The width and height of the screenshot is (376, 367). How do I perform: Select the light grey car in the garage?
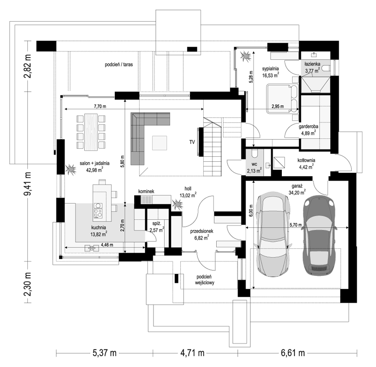(273, 234)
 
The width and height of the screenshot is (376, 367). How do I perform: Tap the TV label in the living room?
(192, 142)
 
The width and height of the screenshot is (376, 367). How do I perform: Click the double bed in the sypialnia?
(283, 98)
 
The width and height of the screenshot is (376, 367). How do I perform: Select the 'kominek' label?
(146, 191)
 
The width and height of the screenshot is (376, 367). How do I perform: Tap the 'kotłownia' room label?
(306, 160)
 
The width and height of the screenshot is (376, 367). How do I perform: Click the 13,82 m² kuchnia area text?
(99, 234)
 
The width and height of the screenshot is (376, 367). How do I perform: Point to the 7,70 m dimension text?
(100, 106)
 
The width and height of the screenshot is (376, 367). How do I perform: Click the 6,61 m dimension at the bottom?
(293, 353)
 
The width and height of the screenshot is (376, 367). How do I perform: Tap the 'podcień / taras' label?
(119, 65)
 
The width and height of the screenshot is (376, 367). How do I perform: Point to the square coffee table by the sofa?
(159, 143)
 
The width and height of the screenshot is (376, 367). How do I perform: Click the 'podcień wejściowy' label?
(205, 280)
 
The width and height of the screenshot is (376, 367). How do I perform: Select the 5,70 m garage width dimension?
(296, 225)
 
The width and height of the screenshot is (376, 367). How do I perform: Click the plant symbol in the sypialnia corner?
(246, 56)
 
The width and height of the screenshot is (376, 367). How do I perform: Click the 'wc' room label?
(254, 164)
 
